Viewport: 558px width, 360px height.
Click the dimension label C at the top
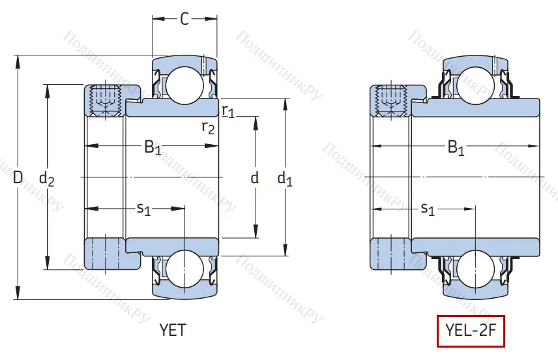coord(184,20)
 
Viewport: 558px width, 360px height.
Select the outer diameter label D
coord(18,177)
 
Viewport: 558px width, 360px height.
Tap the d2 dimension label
coord(46,177)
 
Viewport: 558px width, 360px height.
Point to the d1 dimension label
coord(286,177)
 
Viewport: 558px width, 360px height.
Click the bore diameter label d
coord(255,177)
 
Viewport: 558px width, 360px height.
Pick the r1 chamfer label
coord(228,110)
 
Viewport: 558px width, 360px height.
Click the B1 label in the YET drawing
coord(153,147)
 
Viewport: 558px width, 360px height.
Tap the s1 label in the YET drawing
coord(143,209)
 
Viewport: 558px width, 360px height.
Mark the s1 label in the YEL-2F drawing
coord(428,209)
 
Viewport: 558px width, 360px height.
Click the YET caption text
coord(173,330)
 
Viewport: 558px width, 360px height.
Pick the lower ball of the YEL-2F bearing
coord(473,270)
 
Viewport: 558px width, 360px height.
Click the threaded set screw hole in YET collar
coord(105,99)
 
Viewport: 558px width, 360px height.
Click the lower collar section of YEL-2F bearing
coord(390,254)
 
